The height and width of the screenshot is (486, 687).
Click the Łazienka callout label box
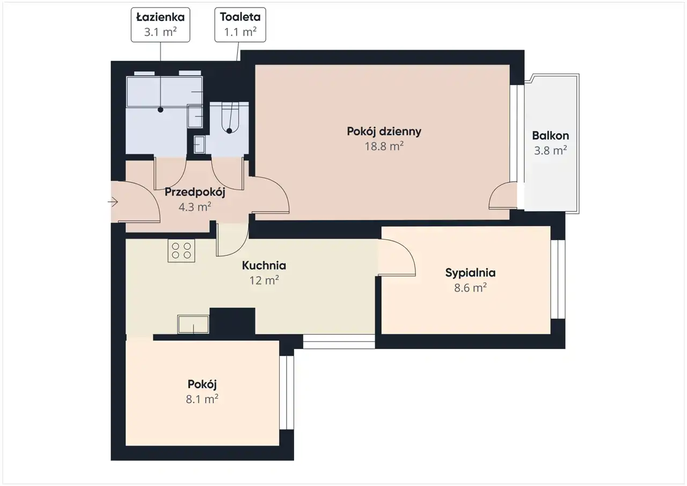(160, 25)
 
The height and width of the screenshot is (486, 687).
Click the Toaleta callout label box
(240, 25)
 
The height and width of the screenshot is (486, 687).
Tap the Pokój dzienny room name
(384, 132)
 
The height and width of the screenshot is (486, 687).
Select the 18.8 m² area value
(384, 147)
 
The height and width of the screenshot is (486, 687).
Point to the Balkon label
(551, 136)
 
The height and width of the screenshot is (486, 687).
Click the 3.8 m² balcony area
(551, 151)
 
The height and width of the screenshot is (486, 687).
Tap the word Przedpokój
(195, 192)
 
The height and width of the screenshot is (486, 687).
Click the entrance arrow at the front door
(113, 202)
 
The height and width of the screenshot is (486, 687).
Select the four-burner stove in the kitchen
(181, 251)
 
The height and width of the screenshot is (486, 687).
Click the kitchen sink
(193, 324)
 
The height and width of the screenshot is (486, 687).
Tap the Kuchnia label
(264, 265)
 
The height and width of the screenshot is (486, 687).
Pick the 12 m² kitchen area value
(264, 280)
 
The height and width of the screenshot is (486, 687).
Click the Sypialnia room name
(471, 273)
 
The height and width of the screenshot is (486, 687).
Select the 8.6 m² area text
(471, 288)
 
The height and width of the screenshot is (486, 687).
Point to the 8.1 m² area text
(202, 400)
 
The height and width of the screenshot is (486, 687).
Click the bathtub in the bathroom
(164, 91)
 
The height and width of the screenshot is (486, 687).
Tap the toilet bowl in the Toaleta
(230, 118)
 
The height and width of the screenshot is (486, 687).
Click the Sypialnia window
(558, 279)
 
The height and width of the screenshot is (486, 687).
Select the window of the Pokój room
(287, 393)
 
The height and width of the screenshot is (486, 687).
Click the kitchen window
(339, 342)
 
